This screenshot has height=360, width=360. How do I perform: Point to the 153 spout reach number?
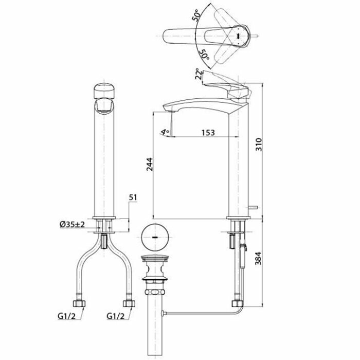pyautogui.click(x=208, y=133)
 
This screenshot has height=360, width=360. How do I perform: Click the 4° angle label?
pyautogui.click(x=164, y=132)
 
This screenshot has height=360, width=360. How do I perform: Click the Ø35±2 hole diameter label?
pyautogui.click(x=72, y=224)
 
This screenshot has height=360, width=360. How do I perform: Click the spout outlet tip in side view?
pyautogui.click(x=170, y=109)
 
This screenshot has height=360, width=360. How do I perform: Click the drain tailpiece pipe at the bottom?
pyautogui.click(x=153, y=329)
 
